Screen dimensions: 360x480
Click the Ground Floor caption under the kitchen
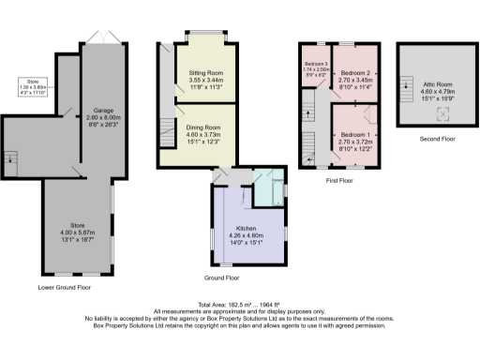tap(221, 277)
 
